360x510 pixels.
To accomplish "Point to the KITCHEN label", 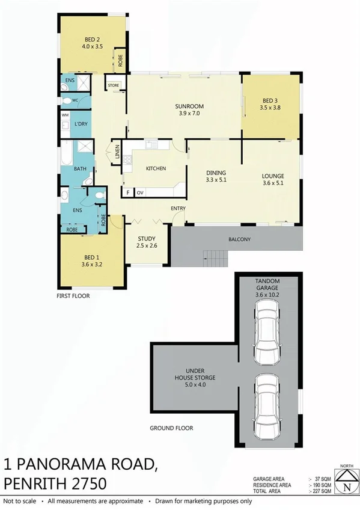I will coord(155,168).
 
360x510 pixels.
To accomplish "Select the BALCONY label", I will coord(239,239).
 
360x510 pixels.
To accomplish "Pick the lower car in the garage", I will coord(267,405).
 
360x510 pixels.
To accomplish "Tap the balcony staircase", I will coord(215,257).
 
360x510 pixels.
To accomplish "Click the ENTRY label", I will coord(178,208).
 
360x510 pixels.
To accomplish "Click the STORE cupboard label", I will coord(114,85).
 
